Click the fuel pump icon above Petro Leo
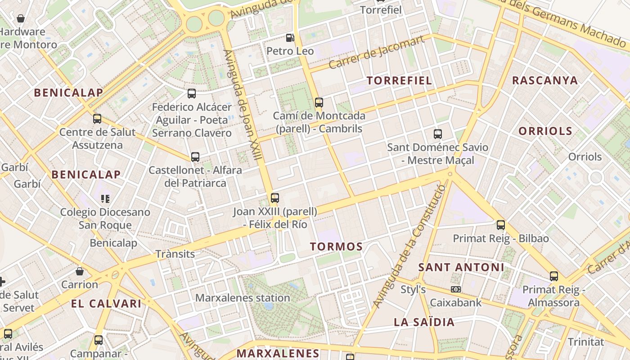[290, 38]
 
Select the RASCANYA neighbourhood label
[544, 81]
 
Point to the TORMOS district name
[336, 247]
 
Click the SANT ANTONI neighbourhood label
[461, 267]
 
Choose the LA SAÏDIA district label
[424, 322]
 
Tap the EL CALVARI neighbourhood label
[106, 303]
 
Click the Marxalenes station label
[243, 298]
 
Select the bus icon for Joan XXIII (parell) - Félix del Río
[274, 198]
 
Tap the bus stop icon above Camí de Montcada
[319, 102]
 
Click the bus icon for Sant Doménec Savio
[437, 134]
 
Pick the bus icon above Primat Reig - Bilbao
[500, 225]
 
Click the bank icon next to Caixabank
[455, 289]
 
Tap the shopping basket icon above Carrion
[80, 271]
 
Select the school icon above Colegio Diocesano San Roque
[105, 198]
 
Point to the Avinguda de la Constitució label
[409, 247]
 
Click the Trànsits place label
[175, 254]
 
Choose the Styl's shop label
[413, 289]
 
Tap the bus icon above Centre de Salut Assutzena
[97, 119]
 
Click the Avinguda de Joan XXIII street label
[243, 104]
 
